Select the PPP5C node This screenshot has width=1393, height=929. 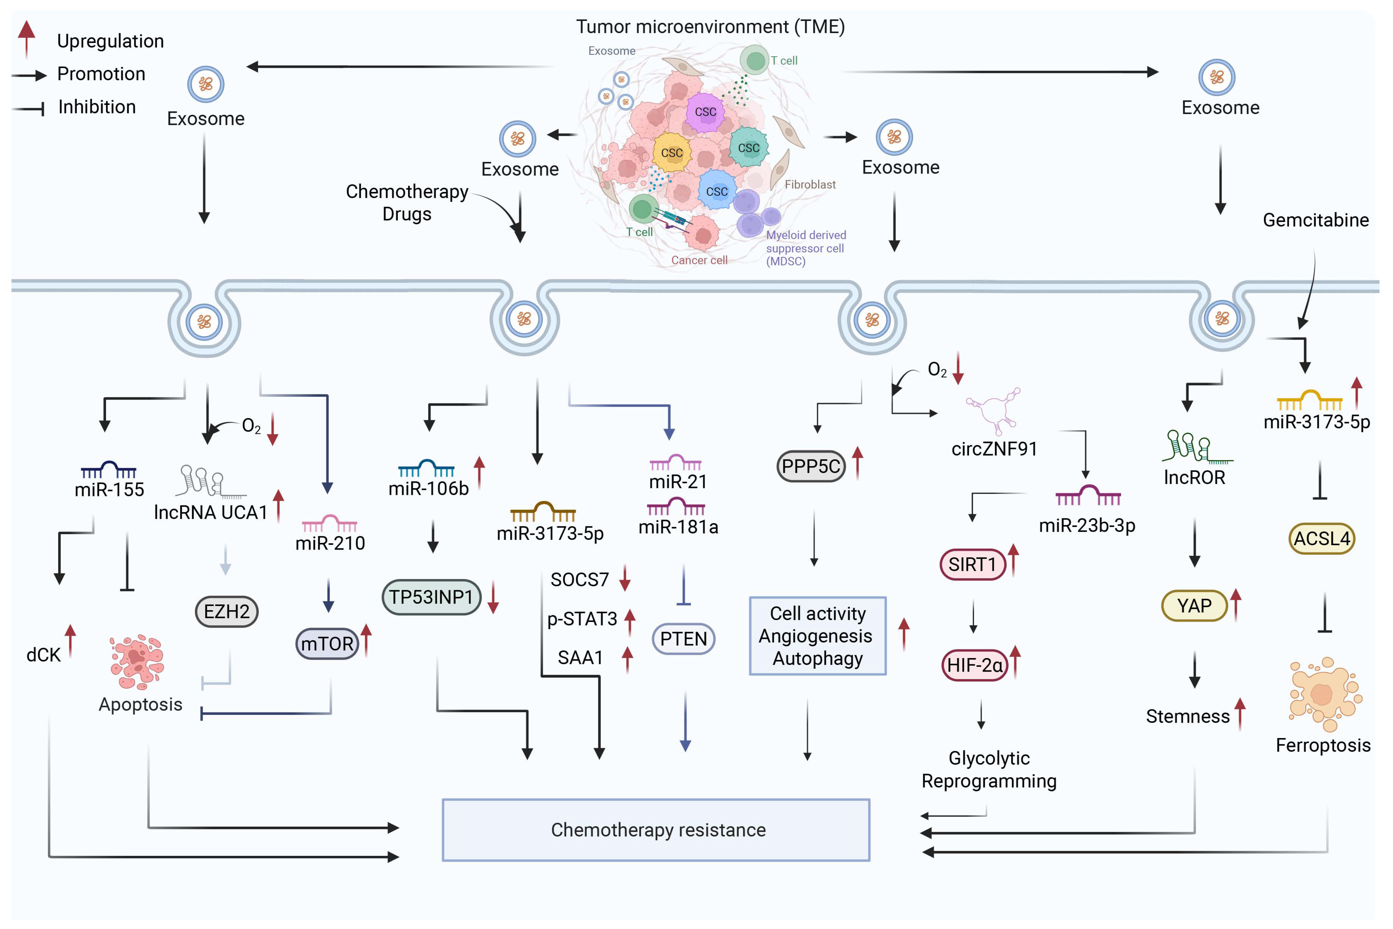(x=810, y=466)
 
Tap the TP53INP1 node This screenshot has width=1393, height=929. (x=431, y=597)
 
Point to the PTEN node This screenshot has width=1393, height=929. (x=683, y=639)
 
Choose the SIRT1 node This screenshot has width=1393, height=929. (x=972, y=564)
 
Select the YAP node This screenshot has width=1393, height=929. (x=1194, y=605)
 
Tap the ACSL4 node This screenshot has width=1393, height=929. (x=1321, y=539)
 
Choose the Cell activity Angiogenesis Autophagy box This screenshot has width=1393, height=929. (x=817, y=636)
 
